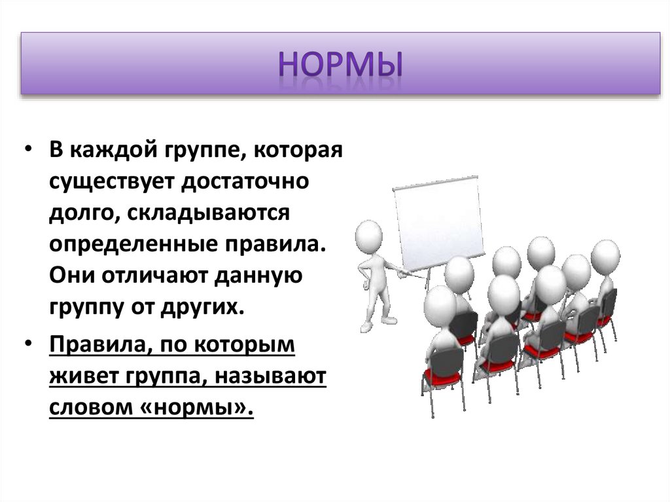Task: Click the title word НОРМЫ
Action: click(340, 64)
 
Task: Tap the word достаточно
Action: click(245, 181)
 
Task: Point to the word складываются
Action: click(208, 213)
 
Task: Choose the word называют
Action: click(270, 377)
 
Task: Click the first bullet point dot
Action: click(28, 150)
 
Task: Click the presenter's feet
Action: click(378, 324)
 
